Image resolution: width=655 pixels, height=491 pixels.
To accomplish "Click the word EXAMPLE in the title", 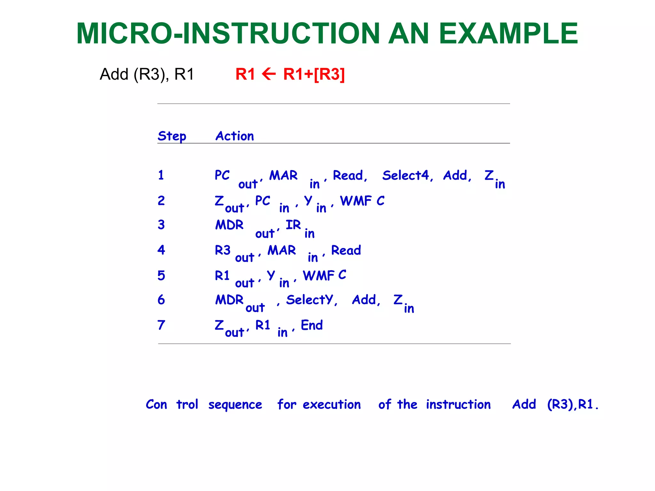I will pyautogui.click(x=508, y=34).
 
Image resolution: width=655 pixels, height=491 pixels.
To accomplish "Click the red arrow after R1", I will pyautogui.click(x=269, y=74).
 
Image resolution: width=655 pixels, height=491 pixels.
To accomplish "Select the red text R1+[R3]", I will pyautogui.click(x=314, y=74).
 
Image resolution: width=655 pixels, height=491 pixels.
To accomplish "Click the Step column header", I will pyautogui.click(x=172, y=136).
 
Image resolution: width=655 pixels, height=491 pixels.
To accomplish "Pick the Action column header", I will pyautogui.click(x=235, y=136).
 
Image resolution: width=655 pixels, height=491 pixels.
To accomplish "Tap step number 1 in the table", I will pyautogui.click(x=161, y=175).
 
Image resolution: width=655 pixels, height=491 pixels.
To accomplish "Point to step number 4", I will pyautogui.click(x=161, y=250).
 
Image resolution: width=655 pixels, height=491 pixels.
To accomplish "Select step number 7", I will pyautogui.click(x=161, y=325).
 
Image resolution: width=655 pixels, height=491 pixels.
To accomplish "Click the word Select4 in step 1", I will pyautogui.click(x=406, y=175).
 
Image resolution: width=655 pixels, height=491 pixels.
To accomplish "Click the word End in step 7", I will pyautogui.click(x=312, y=325).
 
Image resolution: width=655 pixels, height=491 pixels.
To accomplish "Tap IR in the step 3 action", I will pyautogui.click(x=293, y=225).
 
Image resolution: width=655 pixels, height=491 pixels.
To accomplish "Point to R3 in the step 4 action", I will pyautogui.click(x=223, y=250).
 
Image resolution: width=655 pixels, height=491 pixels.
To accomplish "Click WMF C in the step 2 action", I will pyautogui.click(x=362, y=201).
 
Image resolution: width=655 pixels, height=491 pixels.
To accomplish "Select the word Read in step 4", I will pyautogui.click(x=346, y=250).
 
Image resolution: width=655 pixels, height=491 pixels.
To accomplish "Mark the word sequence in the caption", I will pyautogui.click(x=235, y=405).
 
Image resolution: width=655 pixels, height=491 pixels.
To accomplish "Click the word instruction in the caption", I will pyautogui.click(x=458, y=404).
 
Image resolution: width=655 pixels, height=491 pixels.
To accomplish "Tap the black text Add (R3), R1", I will pyautogui.click(x=147, y=74).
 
